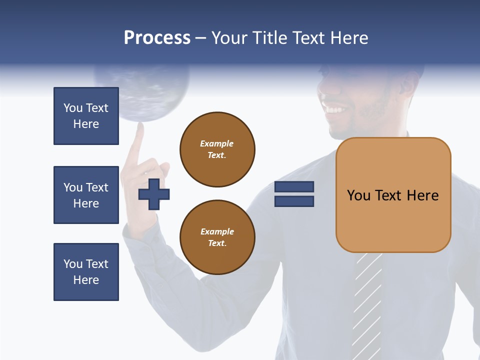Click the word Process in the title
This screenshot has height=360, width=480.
[x=157, y=38]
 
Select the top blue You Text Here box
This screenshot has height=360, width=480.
[x=86, y=116]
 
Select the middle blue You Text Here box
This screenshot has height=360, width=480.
[x=86, y=195]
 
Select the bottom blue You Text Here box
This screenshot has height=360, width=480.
[x=86, y=272]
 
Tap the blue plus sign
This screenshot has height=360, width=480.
[x=154, y=194]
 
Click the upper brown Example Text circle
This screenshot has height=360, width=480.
[x=217, y=149]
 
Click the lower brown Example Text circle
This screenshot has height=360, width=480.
[x=217, y=237]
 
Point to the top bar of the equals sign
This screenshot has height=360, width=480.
[x=294, y=187]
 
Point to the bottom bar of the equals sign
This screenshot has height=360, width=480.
[x=294, y=201]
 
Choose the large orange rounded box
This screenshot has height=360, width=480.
[x=393, y=195]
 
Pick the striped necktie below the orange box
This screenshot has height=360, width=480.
[x=367, y=300]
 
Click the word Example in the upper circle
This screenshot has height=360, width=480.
[x=217, y=143]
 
